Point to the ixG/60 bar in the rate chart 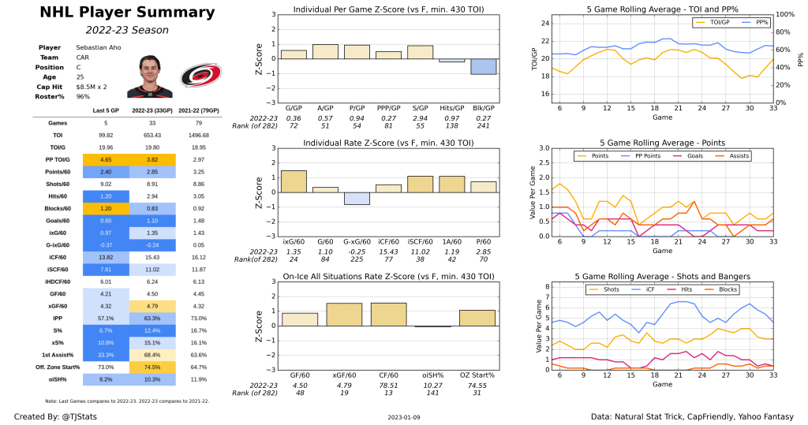click(294, 181)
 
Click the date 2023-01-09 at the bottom click(405, 416)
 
